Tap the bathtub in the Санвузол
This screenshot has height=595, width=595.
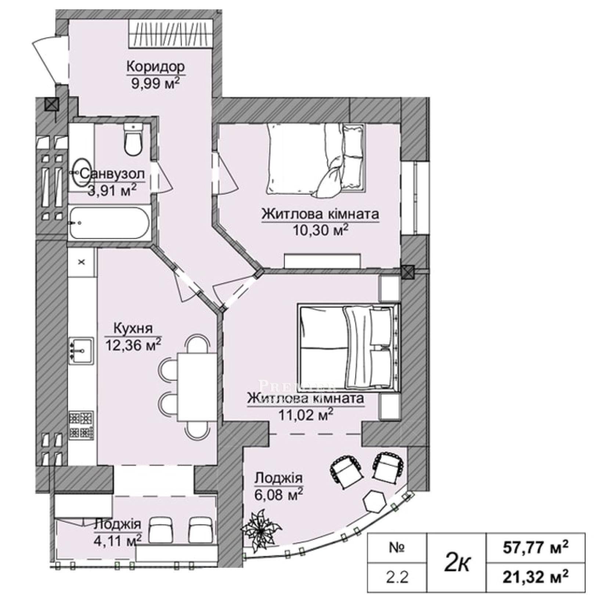coord(109,223)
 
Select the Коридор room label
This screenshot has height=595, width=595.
coord(155,67)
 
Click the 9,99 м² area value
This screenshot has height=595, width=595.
coord(155,84)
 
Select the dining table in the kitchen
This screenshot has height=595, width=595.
coord(197,387)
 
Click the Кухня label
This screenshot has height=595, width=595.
coord(133,328)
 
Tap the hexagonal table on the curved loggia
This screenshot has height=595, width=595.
coord(374,501)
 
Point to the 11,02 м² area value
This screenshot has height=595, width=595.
coord(306,415)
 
